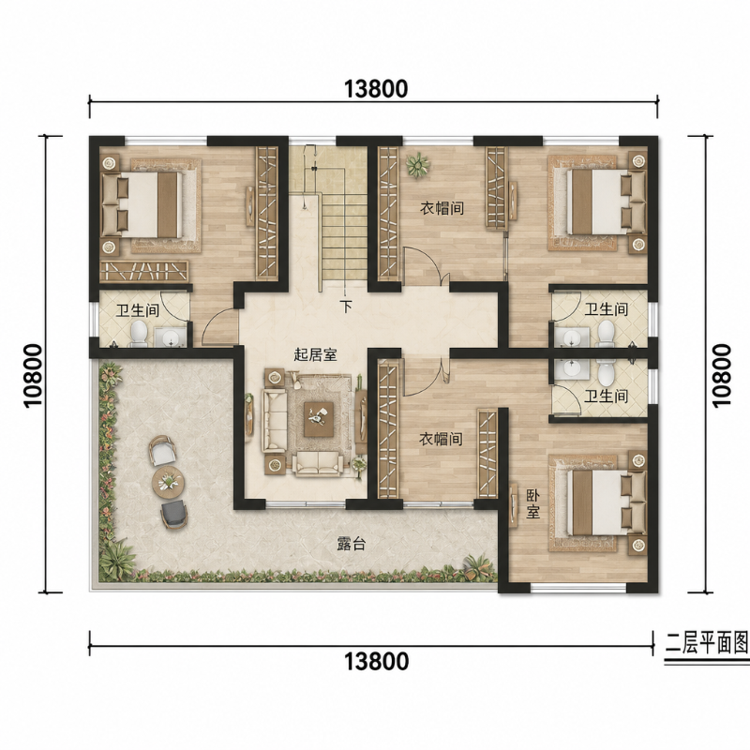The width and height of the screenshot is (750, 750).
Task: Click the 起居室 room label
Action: point(315,355)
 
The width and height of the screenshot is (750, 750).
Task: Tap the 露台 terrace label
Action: point(352,544)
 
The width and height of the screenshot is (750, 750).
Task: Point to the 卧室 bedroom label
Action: point(533,503)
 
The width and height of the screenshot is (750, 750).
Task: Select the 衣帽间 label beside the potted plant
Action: point(442,208)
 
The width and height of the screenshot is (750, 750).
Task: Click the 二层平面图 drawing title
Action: point(707,644)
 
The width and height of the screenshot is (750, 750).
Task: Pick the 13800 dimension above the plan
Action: point(376,89)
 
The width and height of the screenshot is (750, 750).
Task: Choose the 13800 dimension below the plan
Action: point(377,662)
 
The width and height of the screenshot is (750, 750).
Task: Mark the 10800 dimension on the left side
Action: point(34,376)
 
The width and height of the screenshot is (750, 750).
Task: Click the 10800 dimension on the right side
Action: point(722,376)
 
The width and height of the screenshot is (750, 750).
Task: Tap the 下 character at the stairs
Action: point(346,307)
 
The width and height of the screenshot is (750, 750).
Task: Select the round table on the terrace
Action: point(169,482)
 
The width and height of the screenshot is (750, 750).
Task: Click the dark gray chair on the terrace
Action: point(173,514)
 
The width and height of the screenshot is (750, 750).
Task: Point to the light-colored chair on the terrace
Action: point(161,451)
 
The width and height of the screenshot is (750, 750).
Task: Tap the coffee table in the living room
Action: point(319,419)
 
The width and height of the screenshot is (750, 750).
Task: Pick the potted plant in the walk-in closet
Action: point(417,166)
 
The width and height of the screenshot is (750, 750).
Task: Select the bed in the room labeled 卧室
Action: point(599,502)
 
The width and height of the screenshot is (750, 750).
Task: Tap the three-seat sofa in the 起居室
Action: point(274,420)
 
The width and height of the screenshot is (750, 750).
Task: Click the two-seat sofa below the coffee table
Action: point(318,463)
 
